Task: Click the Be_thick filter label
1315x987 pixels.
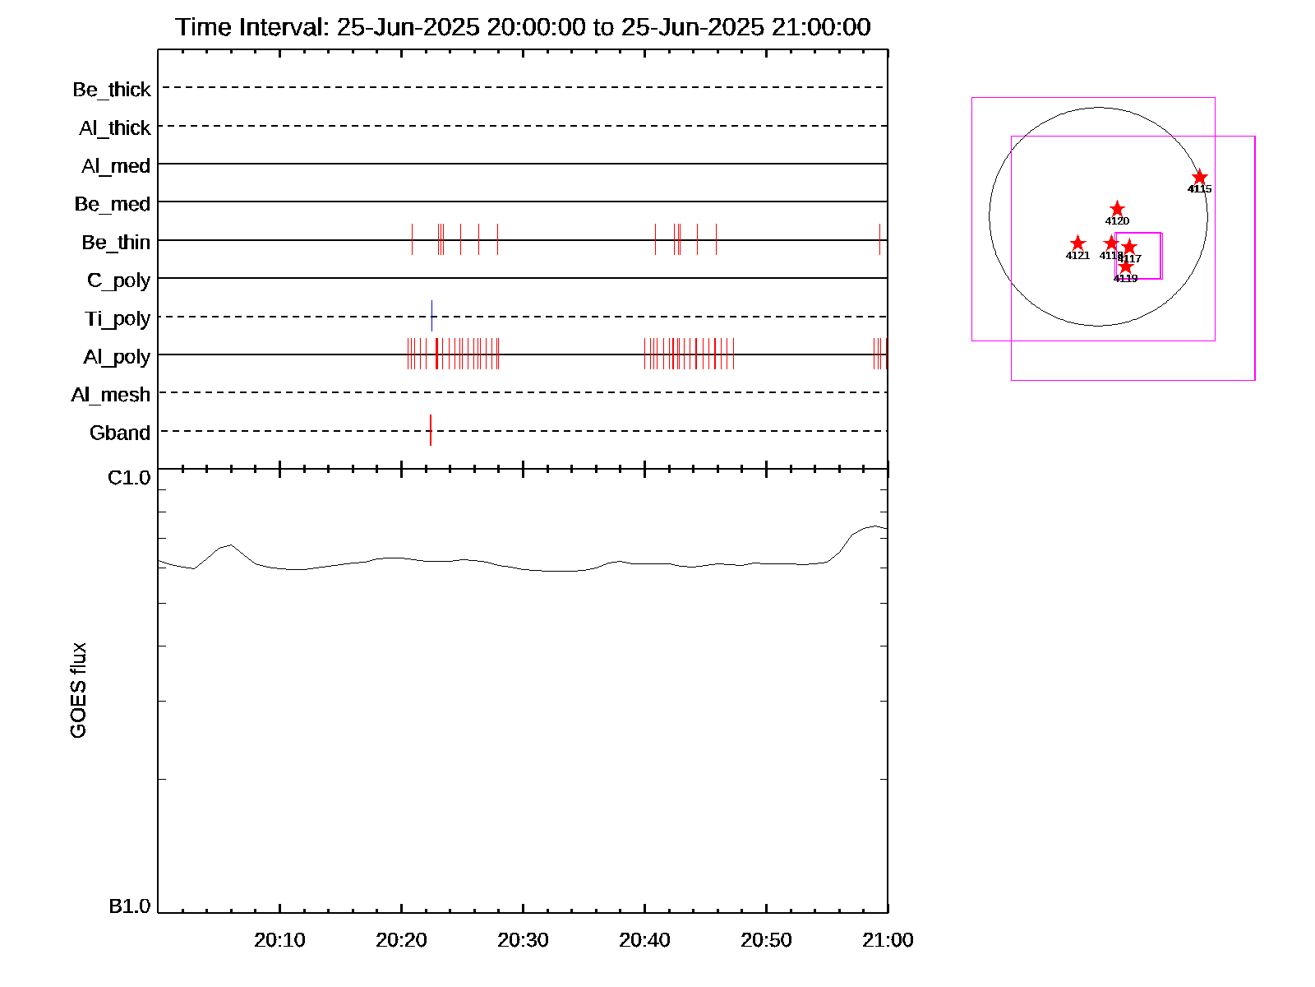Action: click(x=112, y=89)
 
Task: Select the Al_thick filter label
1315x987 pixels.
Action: click(x=115, y=127)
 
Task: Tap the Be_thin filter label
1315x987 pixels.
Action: click(x=116, y=242)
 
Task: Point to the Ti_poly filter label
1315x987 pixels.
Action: click(x=118, y=318)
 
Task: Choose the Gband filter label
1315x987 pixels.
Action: click(x=120, y=433)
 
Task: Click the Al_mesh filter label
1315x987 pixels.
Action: click(x=111, y=395)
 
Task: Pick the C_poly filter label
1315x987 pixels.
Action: click(x=118, y=280)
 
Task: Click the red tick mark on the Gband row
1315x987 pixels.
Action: click(x=431, y=430)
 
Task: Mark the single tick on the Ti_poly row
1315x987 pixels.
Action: click(x=431, y=316)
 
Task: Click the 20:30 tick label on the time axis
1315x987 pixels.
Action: click(x=523, y=940)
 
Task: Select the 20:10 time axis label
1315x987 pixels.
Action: click(x=279, y=940)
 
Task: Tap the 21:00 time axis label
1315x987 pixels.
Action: click(x=888, y=940)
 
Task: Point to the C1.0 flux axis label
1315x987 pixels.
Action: click(x=130, y=478)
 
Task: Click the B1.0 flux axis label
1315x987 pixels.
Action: click(x=130, y=906)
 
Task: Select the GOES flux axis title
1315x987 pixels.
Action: click(x=78, y=691)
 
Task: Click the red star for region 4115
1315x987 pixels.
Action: click(x=1200, y=178)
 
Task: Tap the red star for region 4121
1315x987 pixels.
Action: click(x=1077, y=243)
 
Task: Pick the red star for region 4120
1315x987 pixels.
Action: click(x=1117, y=209)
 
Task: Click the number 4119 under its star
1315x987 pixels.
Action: click(x=1125, y=279)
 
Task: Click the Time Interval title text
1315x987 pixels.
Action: click(x=523, y=27)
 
